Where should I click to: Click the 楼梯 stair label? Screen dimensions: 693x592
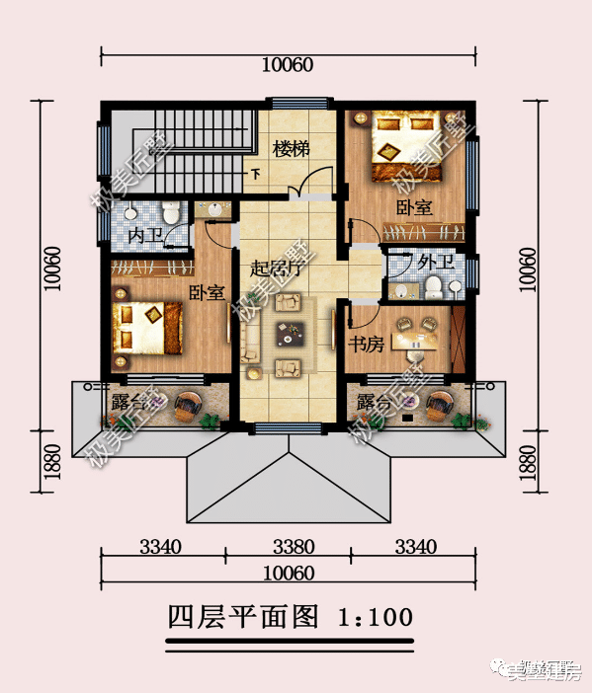[x=292, y=149]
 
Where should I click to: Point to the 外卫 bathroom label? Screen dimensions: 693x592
[x=436, y=264]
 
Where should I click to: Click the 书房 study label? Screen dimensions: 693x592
[x=367, y=345]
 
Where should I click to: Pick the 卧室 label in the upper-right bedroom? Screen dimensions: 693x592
[x=414, y=207]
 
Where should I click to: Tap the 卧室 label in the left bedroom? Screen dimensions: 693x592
[x=208, y=293]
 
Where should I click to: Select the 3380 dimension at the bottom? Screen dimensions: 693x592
[x=294, y=547]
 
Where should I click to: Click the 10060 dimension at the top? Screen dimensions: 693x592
[x=287, y=65]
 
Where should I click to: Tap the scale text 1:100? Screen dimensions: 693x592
[x=375, y=619]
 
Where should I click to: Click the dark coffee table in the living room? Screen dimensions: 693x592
[x=289, y=337]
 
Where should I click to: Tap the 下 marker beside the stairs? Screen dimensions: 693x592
[x=255, y=175]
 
